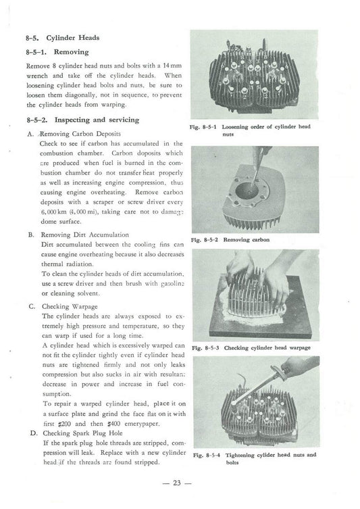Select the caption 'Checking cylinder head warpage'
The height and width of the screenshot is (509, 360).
(271, 347)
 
